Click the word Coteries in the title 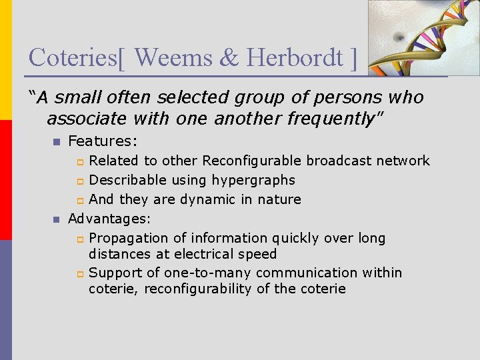(x=73, y=57)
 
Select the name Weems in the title (x=173, y=57)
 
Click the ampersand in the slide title (x=229, y=57)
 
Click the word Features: (x=103, y=141)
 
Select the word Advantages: (x=109, y=219)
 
